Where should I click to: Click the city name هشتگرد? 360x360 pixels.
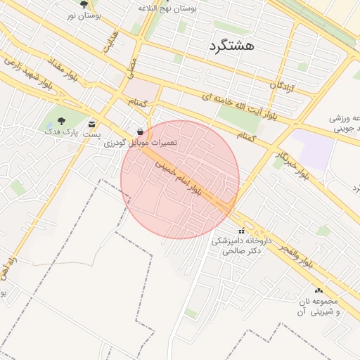click(x=231, y=46)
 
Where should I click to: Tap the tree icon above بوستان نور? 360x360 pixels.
click(x=84, y=4)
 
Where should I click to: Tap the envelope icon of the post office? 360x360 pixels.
click(x=92, y=124)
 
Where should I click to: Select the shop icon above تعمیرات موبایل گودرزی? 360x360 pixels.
click(x=141, y=131)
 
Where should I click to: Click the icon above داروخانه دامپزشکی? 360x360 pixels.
click(x=241, y=231)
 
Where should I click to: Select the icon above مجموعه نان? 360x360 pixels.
click(x=319, y=290)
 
